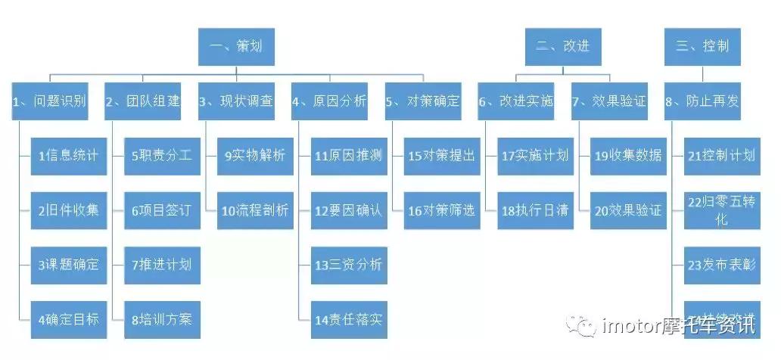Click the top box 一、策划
click(x=236, y=46)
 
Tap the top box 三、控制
click(x=702, y=46)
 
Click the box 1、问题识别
click(x=49, y=101)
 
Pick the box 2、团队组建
click(x=142, y=101)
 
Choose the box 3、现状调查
click(x=236, y=101)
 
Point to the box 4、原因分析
click(x=329, y=101)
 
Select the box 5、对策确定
click(x=422, y=101)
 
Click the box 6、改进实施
click(x=515, y=101)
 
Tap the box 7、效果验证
click(x=609, y=101)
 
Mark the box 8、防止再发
click(x=702, y=101)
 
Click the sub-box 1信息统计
click(x=68, y=156)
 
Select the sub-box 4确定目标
click(x=68, y=318)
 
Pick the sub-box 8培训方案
click(x=161, y=318)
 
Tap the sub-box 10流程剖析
click(x=255, y=210)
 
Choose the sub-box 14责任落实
click(x=348, y=318)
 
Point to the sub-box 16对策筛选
click(x=441, y=210)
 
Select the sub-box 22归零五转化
click(x=721, y=210)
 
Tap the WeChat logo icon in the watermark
click(x=586, y=326)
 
